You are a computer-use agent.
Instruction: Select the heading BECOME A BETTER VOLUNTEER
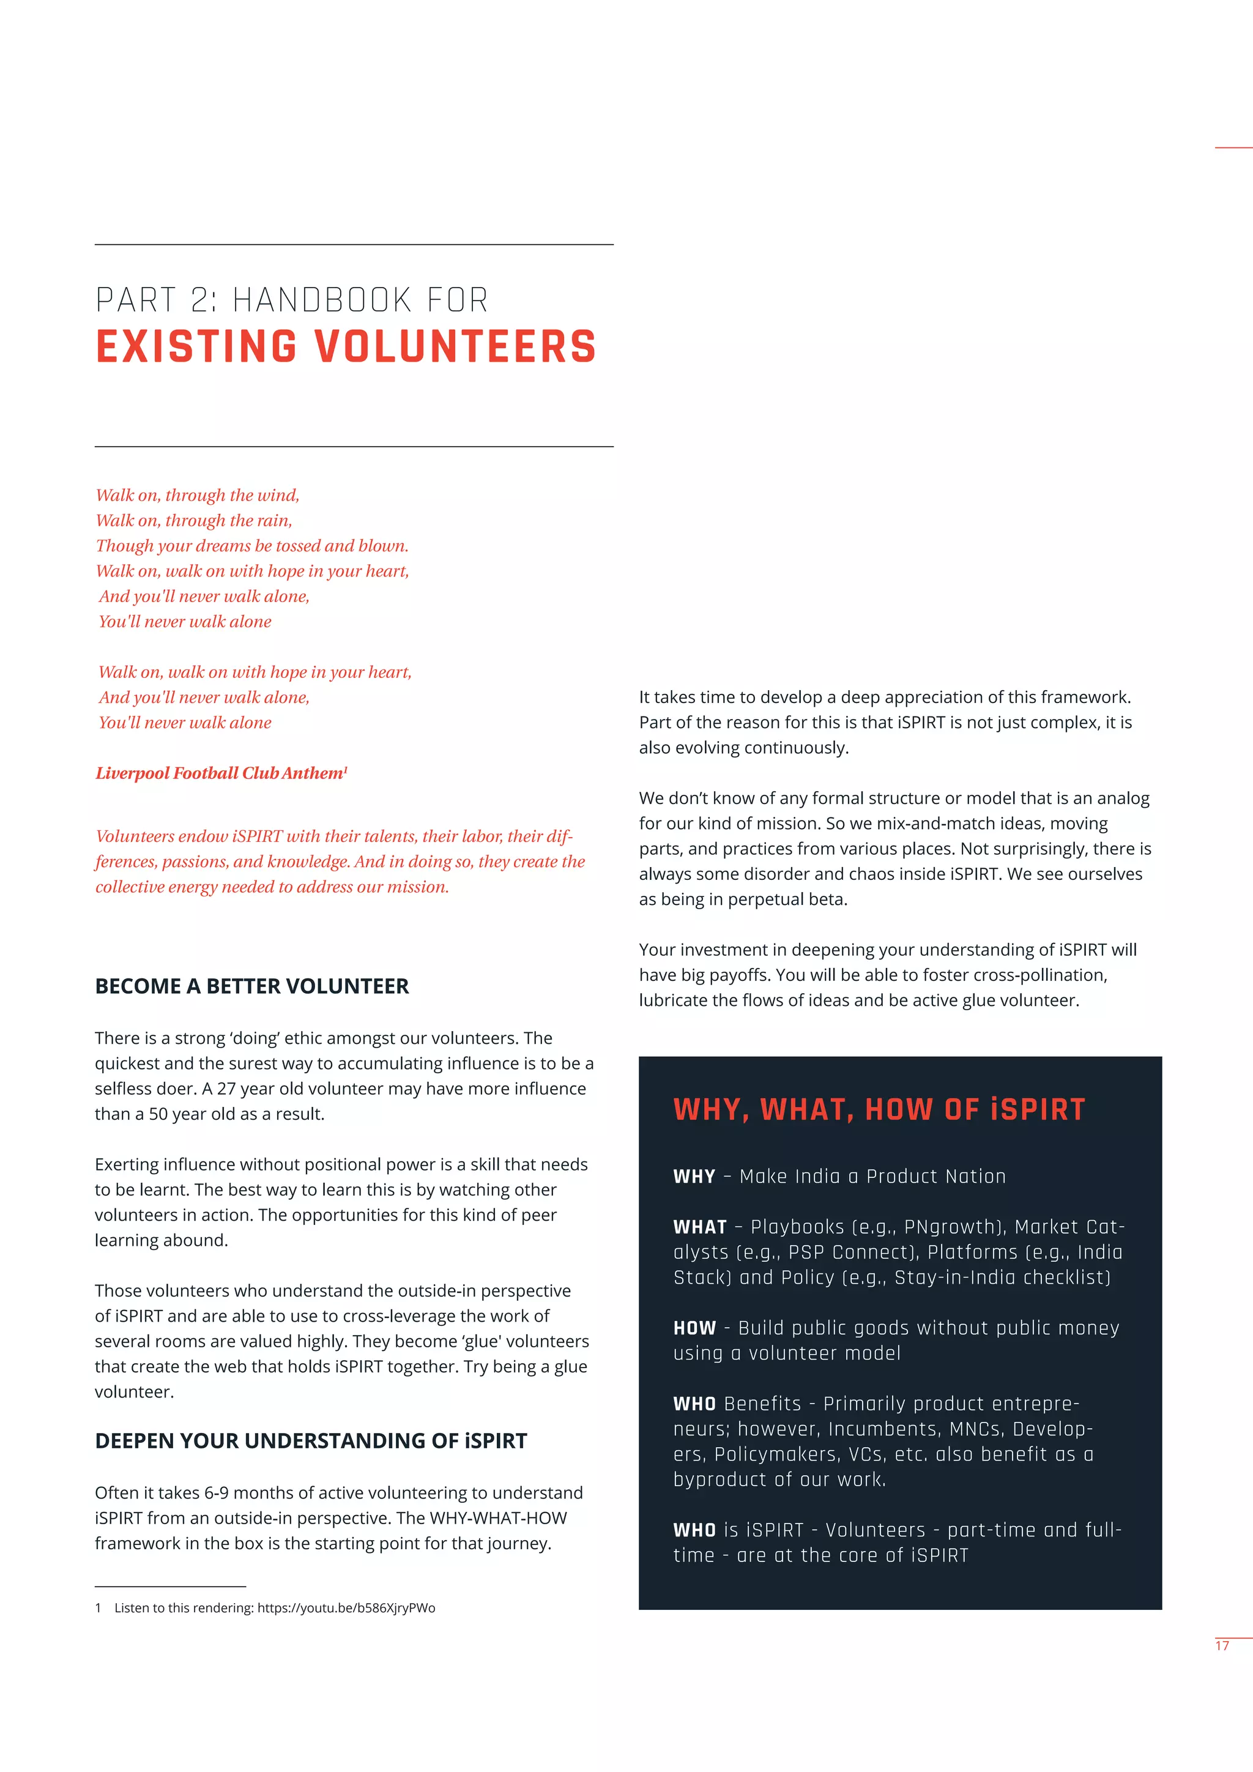pos(251,986)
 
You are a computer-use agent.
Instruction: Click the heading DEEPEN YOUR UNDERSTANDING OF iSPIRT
pos(311,1441)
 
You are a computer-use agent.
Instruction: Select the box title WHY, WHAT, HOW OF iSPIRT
pos(879,1110)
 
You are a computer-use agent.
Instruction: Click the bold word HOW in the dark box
pos(694,1328)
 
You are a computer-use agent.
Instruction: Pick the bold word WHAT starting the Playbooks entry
pos(700,1227)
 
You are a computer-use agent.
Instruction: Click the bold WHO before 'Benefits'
pos(694,1404)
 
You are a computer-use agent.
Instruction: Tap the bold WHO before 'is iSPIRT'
pos(694,1530)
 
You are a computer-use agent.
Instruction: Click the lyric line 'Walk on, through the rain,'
pos(194,521)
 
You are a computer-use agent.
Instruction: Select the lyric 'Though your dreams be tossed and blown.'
pos(251,546)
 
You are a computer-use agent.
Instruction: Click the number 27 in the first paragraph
pos(226,1089)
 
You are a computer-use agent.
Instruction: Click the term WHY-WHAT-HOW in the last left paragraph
pos(497,1518)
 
